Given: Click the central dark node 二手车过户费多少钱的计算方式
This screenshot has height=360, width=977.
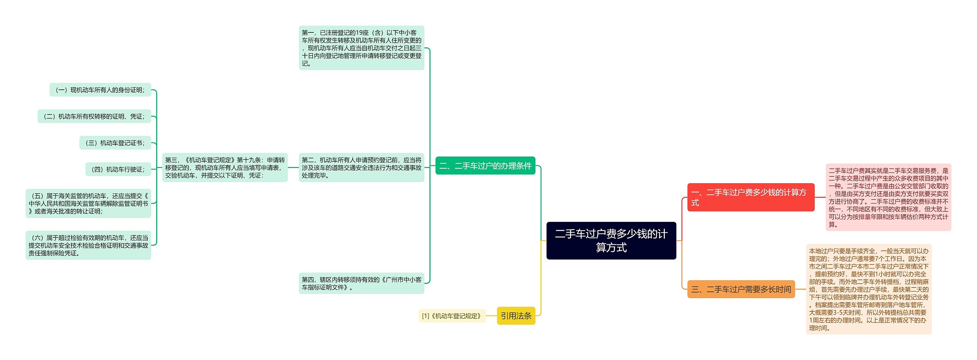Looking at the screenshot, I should coord(611,241).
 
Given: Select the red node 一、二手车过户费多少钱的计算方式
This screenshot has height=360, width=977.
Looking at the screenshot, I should coord(750,197).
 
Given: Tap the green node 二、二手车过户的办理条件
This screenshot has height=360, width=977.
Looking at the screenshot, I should coord(485,166).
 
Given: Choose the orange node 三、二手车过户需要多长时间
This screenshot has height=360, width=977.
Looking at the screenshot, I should coord(741,289).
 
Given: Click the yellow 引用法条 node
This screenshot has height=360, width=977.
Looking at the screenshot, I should coord(516,316).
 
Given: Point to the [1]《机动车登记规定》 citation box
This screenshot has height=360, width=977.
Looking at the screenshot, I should coord(452,316).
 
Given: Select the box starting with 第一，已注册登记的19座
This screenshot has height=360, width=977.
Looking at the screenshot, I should coord(361,48).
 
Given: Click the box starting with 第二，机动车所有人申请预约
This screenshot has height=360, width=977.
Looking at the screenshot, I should coord(361,168).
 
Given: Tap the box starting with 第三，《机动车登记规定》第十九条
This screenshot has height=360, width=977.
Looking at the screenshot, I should coord(225,168).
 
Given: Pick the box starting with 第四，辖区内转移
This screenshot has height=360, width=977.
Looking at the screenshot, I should coord(361,283).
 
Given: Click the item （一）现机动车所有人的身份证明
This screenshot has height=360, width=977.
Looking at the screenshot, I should coord(100,90).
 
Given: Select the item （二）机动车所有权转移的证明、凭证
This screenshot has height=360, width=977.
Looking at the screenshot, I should coord(94,116).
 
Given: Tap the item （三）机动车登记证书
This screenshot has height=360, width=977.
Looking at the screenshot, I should coord(115,143).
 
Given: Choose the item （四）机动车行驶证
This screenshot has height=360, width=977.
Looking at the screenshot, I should coord(118,169).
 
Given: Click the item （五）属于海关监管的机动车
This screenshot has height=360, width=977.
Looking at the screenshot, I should coord(88,203).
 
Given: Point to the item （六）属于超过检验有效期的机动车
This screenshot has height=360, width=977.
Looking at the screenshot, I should coord(88,245).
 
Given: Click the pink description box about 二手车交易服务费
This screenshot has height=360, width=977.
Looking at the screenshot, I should coord(888,197).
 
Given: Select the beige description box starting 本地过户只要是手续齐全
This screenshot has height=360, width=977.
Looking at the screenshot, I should coord(869,289).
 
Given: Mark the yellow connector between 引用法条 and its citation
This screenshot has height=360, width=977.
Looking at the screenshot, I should coord(492,316).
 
